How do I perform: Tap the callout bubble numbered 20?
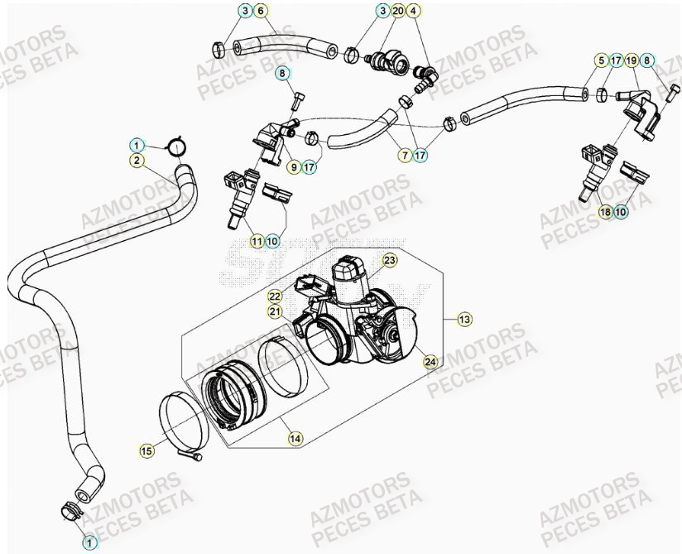point(398,11)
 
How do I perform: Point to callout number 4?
point(415,11)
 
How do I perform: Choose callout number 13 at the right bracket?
point(464,317)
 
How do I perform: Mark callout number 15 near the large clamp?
point(146,450)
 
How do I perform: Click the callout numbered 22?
point(274,296)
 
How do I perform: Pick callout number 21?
point(274,311)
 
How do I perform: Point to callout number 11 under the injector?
point(257,241)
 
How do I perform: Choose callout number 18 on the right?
point(605,212)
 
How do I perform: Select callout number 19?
point(632,60)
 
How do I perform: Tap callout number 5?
point(601,60)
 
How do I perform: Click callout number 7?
point(406,155)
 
